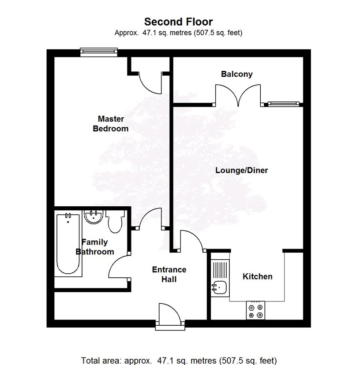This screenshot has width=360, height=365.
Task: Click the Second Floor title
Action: click(x=179, y=22)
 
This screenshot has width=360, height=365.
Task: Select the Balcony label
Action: click(x=237, y=74)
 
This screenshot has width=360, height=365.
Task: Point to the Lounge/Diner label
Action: click(x=241, y=170)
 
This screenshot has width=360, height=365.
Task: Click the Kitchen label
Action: click(x=258, y=276)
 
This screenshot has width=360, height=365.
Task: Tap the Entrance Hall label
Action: click(x=169, y=274)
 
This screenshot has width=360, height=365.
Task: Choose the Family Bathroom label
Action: click(x=95, y=247)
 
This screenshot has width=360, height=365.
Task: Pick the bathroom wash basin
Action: click(x=94, y=217)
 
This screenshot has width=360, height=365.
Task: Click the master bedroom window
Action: click(x=99, y=52)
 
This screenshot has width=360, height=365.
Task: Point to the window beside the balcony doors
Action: click(x=282, y=104)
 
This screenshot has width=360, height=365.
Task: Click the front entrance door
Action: click(x=170, y=314)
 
